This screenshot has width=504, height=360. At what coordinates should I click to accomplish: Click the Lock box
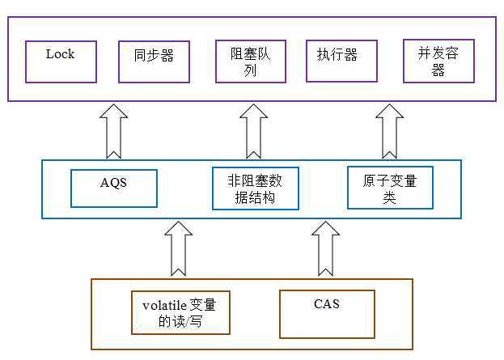point(61,61)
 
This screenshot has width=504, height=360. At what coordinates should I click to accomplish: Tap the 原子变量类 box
point(389,186)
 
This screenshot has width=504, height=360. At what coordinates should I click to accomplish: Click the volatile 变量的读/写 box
point(180,312)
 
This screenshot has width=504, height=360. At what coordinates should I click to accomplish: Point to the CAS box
point(327,314)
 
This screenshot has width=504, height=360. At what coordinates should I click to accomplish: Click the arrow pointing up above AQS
point(113,131)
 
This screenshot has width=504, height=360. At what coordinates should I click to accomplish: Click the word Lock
point(60,54)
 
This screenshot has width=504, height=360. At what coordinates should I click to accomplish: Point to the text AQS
point(113,183)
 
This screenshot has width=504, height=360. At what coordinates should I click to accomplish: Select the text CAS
point(327,304)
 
